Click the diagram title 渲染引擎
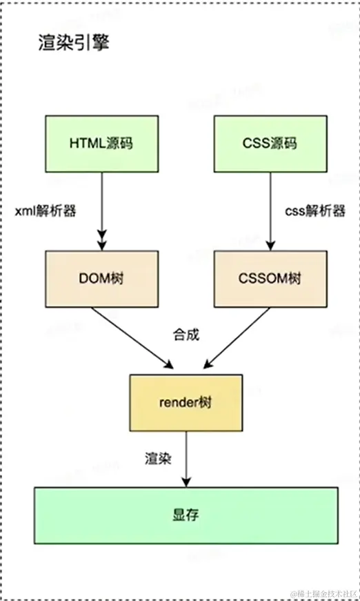73,43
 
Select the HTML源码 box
102,144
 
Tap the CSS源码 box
270,144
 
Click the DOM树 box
102,279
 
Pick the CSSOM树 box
270,279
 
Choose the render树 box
186,402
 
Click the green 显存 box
186,515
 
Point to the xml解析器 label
46,211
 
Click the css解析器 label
314,211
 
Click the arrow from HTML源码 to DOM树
102,210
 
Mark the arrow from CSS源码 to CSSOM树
270,210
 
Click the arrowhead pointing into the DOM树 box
102,244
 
